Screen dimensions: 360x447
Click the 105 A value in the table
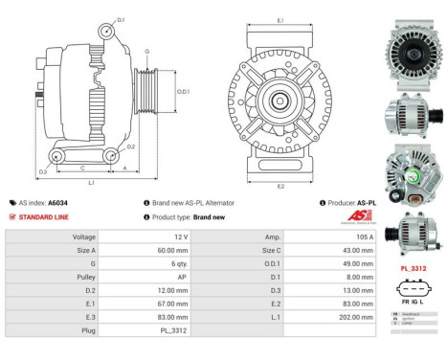click(x=343, y=236)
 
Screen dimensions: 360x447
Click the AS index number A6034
click(x=57, y=203)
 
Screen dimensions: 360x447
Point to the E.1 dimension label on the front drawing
click(x=279, y=20)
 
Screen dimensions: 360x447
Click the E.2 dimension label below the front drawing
click(x=279, y=186)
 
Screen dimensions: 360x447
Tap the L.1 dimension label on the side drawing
click(x=90, y=182)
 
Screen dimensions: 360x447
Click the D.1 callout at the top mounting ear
click(x=121, y=19)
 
